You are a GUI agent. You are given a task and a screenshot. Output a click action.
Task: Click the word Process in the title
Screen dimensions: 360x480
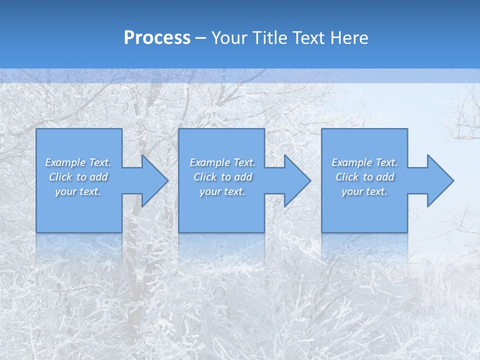[157, 38]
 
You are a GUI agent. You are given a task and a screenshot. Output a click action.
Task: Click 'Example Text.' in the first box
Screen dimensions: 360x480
[78, 162]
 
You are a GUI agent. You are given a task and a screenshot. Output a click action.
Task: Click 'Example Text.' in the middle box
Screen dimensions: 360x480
[222, 162]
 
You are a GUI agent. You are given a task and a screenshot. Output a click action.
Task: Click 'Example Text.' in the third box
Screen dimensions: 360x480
[364, 162]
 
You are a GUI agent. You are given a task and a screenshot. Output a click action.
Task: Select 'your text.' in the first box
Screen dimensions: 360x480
[78, 191]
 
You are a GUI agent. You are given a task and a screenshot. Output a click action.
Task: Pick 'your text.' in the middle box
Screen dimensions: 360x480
[222, 191]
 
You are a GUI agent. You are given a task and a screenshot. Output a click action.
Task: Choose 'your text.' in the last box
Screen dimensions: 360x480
[364, 191]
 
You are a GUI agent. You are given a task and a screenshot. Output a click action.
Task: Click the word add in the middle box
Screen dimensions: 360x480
[243, 177]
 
